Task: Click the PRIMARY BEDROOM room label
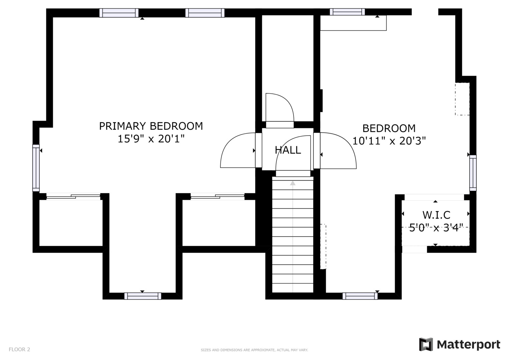151,126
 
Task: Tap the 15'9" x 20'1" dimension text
151,139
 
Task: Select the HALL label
288,150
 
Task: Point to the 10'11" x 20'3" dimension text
389,141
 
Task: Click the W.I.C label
436,215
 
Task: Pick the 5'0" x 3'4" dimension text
436,227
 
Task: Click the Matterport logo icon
426,344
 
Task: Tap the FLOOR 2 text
19,349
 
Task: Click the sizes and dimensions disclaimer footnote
254,350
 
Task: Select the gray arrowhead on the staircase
293,183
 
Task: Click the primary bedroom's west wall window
36,168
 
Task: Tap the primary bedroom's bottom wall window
143,296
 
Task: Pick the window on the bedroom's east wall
473,173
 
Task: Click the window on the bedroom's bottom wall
360,296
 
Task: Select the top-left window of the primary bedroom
119,13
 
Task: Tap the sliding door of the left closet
73,197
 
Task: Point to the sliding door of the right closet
217,197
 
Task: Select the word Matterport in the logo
469,345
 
